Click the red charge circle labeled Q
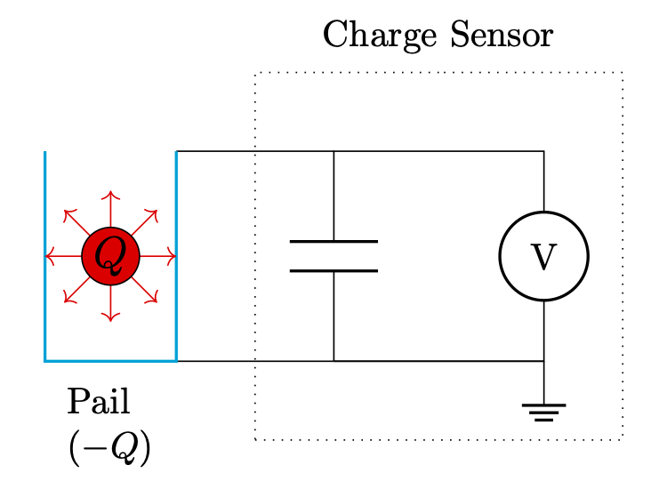[110, 256]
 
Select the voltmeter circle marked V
[543, 256]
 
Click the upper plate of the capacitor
[333, 241]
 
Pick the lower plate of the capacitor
[333, 270]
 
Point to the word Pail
[98, 403]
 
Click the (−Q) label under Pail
[109, 449]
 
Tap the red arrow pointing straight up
[110, 206]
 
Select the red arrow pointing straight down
[110, 306]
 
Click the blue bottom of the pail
[110, 361]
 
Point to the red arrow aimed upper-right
[147, 220]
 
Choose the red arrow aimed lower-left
[74, 292]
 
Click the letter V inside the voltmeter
[543, 257]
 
